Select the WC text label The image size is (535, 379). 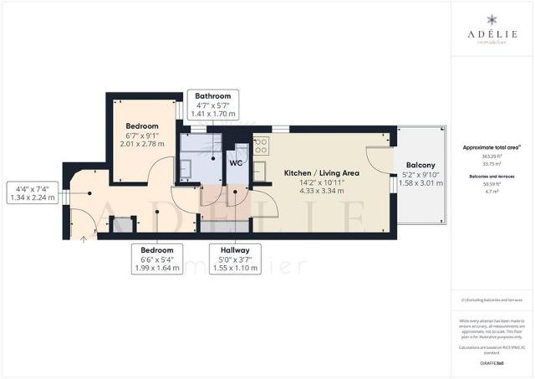(236, 163)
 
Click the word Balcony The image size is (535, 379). (420, 165)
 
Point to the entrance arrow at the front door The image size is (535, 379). (83, 238)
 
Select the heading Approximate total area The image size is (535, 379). (492, 147)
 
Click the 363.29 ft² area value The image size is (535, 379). (492, 156)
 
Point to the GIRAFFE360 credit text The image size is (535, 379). (492, 363)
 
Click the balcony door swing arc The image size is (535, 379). (376, 155)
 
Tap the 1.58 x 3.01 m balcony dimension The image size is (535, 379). (420, 183)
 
